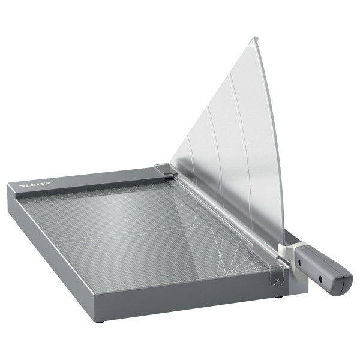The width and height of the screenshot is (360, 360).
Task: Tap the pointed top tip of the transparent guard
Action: [254, 39]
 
